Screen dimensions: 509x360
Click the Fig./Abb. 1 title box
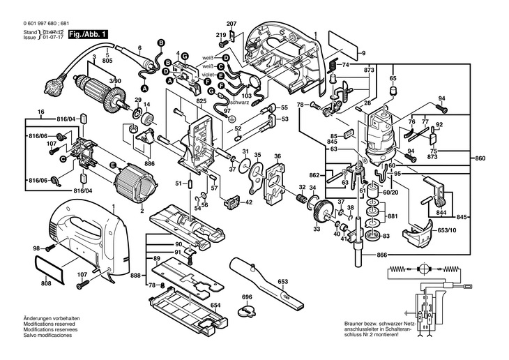88,34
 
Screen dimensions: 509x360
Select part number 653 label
283,281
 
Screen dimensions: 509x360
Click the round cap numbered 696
247,310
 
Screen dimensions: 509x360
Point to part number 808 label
47,283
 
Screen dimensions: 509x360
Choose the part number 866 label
382,255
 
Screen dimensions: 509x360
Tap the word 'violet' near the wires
208,75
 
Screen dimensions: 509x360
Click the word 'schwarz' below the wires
239,103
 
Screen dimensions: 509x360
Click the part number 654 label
215,305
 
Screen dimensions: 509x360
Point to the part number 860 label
480,158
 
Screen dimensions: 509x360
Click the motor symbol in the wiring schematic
423,269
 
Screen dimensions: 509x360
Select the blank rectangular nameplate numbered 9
343,46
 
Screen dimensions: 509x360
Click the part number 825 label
202,101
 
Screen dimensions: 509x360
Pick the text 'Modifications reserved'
49,324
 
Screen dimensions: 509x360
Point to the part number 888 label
135,276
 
